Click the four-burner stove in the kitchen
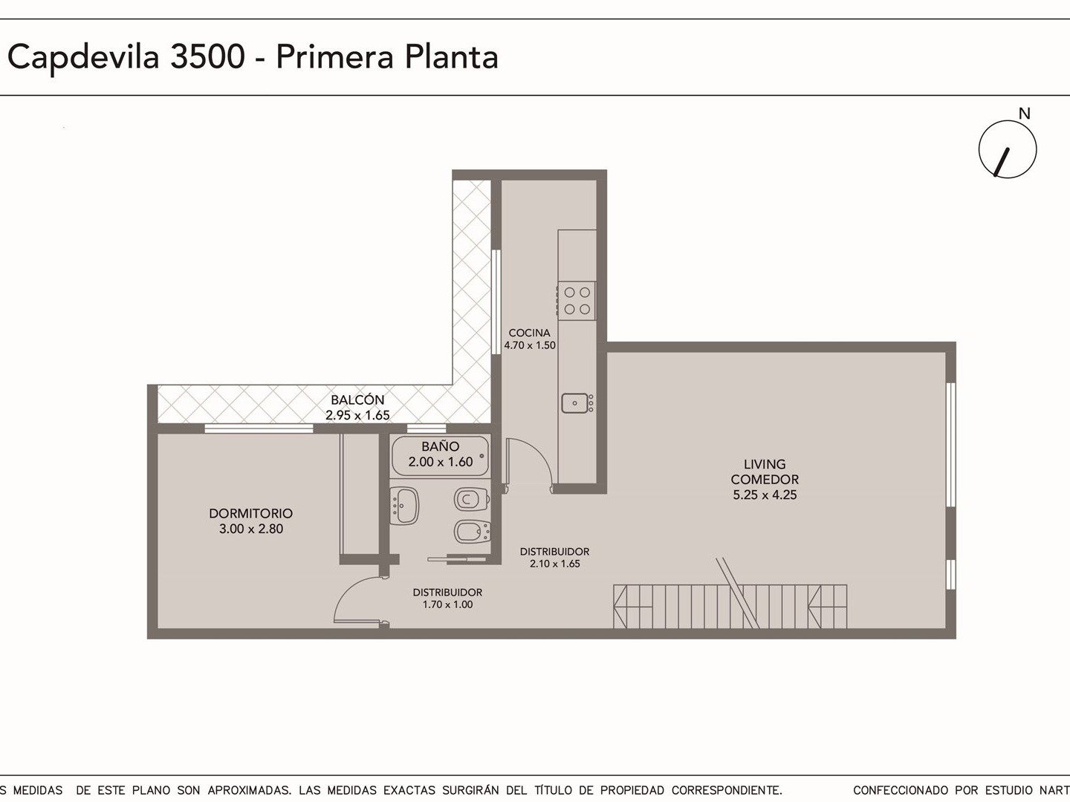[x=577, y=301]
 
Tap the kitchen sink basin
[x=575, y=403]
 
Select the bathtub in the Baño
[x=440, y=455]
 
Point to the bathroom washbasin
[x=404, y=506]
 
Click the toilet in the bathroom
[x=471, y=499]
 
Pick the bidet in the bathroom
[x=471, y=531]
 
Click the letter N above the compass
[x=1024, y=114]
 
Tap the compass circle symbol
[x=1008, y=149]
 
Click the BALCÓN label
[x=357, y=400]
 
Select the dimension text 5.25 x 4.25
[x=765, y=495]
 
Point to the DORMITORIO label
[x=250, y=513]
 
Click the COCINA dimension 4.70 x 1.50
[x=529, y=345]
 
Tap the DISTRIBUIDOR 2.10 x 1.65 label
[x=554, y=558]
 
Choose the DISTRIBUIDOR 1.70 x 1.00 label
[x=447, y=599]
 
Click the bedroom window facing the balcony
[x=259, y=428]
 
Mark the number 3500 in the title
[x=207, y=56]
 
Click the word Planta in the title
[x=451, y=57]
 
